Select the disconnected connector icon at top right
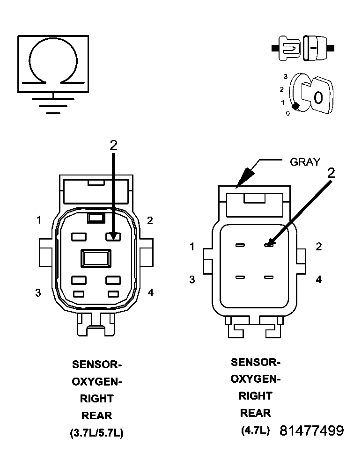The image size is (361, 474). coord(303,48)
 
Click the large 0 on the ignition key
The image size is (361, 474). coord(318,98)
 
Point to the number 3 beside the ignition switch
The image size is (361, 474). coord(286,76)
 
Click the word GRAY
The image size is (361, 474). coord(305,162)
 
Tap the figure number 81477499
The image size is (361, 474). coord(311,431)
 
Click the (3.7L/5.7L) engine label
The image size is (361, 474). coord(96,433)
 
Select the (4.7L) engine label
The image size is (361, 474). coord(255,430)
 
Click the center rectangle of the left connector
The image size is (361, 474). coord(96,258)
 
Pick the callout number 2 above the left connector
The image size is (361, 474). coord(113,146)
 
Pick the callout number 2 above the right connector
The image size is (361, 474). coord(331,173)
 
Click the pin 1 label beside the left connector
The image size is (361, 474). coord(39,220)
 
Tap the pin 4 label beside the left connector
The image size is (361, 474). coord(150,292)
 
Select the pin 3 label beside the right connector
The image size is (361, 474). coord(192,279)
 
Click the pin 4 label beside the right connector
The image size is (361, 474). coord(319,279)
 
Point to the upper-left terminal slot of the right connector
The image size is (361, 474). coord(240,245)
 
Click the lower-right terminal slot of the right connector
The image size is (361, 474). coord(268,277)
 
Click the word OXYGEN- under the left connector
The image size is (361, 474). coord(96,381)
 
